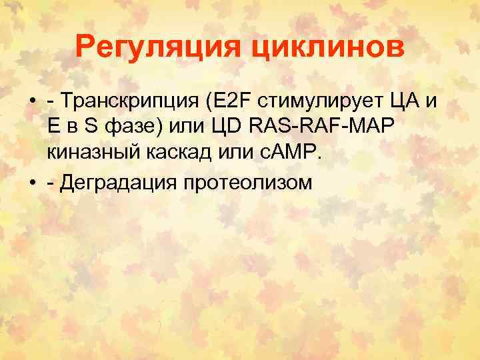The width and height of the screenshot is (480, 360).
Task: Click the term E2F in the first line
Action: coord(234,102)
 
